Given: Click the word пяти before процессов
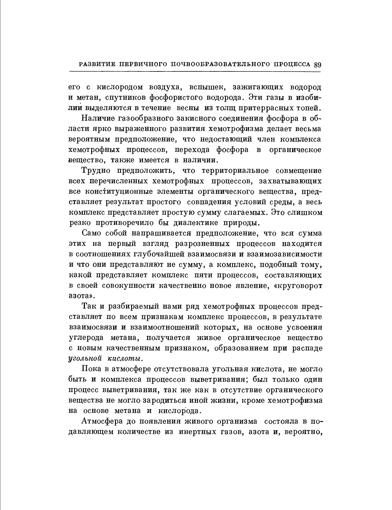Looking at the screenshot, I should (204, 275).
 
